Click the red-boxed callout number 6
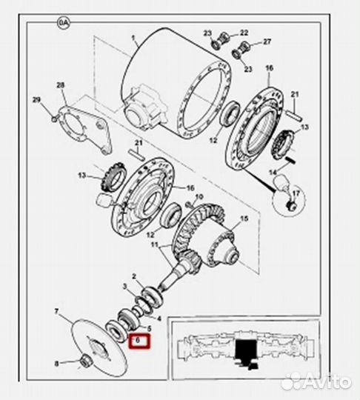coord(138,340)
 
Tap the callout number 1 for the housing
coord(133,38)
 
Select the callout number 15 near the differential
coord(244,219)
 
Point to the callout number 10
coord(199,197)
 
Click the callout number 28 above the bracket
coord(61,85)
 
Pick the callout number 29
coord(36,100)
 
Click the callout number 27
coord(267,41)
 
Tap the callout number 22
coord(244,33)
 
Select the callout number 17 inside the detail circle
coord(296,193)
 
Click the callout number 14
coord(273,173)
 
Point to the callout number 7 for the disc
coord(56,311)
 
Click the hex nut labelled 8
coord(84,361)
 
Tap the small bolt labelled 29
coord(54,119)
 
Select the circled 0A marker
coord(63,23)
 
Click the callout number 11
coord(155,245)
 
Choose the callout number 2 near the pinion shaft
coord(134,276)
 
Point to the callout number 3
coord(124,287)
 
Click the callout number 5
coord(149,329)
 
